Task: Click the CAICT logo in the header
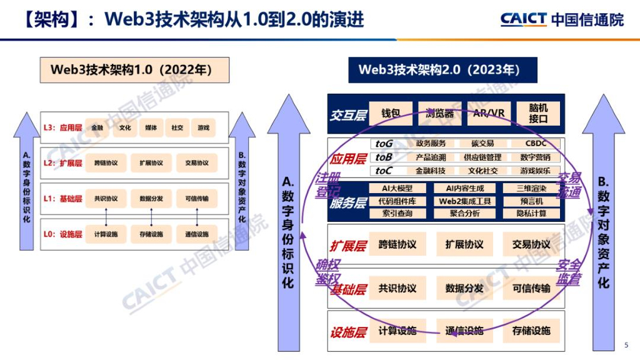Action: (524, 19)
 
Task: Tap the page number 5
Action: (626, 345)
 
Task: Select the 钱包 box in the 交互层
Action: (391, 113)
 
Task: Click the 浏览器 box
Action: (439, 113)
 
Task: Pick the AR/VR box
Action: (488, 113)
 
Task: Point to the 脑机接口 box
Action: (537, 113)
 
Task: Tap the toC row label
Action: (384, 171)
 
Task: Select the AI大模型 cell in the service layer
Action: (398, 188)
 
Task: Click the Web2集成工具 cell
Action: (464, 201)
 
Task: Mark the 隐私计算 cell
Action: (531, 214)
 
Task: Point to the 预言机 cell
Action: (531, 201)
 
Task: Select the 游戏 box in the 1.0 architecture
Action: (202, 128)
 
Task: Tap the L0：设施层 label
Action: (63, 234)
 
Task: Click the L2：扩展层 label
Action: (63, 163)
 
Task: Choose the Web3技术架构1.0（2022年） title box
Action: (131, 70)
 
